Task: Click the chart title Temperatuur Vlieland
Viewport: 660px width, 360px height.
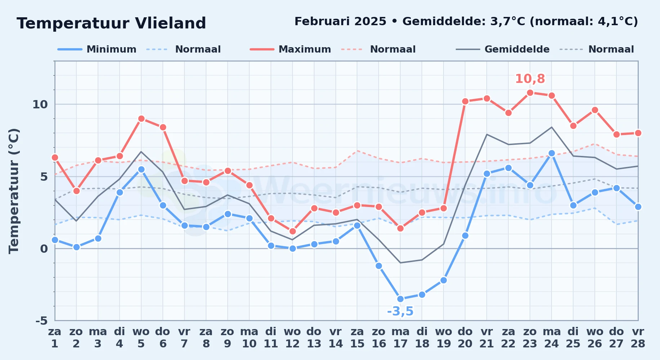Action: (x=111, y=23)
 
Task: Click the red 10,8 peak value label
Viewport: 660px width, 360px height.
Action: (x=530, y=79)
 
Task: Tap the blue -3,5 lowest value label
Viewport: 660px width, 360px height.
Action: (x=400, y=311)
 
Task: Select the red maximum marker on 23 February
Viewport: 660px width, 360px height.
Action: (x=530, y=93)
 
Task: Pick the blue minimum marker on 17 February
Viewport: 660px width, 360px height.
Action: (x=400, y=299)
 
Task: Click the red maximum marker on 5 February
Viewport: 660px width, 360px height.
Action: (x=141, y=119)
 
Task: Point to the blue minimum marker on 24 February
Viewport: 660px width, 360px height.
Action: (x=552, y=153)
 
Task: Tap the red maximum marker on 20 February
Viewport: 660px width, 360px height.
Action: (x=465, y=102)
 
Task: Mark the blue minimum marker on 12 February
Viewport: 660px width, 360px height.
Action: (x=293, y=248)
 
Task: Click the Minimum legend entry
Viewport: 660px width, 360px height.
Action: (x=97, y=49)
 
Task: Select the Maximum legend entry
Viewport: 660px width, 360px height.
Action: (x=290, y=49)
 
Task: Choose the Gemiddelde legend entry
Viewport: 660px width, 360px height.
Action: (x=503, y=49)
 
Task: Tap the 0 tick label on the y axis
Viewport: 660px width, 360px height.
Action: (x=44, y=248)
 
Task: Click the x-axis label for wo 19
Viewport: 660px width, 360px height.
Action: (x=443, y=337)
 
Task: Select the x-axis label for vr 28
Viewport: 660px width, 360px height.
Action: (x=638, y=337)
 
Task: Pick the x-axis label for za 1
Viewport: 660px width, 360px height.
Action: (x=55, y=337)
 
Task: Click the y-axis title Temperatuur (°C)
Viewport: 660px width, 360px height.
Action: (x=14, y=191)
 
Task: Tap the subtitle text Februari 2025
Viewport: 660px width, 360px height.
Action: (x=340, y=22)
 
